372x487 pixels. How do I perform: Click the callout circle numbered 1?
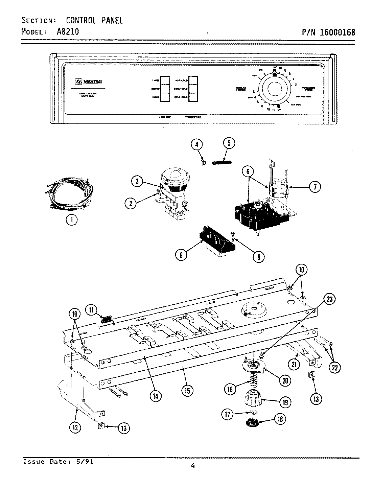point(71,220)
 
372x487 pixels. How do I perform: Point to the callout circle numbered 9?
point(181,255)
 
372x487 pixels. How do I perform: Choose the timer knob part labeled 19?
point(253,400)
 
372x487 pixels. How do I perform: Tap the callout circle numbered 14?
point(156,396)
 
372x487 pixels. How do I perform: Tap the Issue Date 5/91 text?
point(58,462)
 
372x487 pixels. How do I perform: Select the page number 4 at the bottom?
point(192,466)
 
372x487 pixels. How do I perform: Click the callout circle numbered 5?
point(229,143)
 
